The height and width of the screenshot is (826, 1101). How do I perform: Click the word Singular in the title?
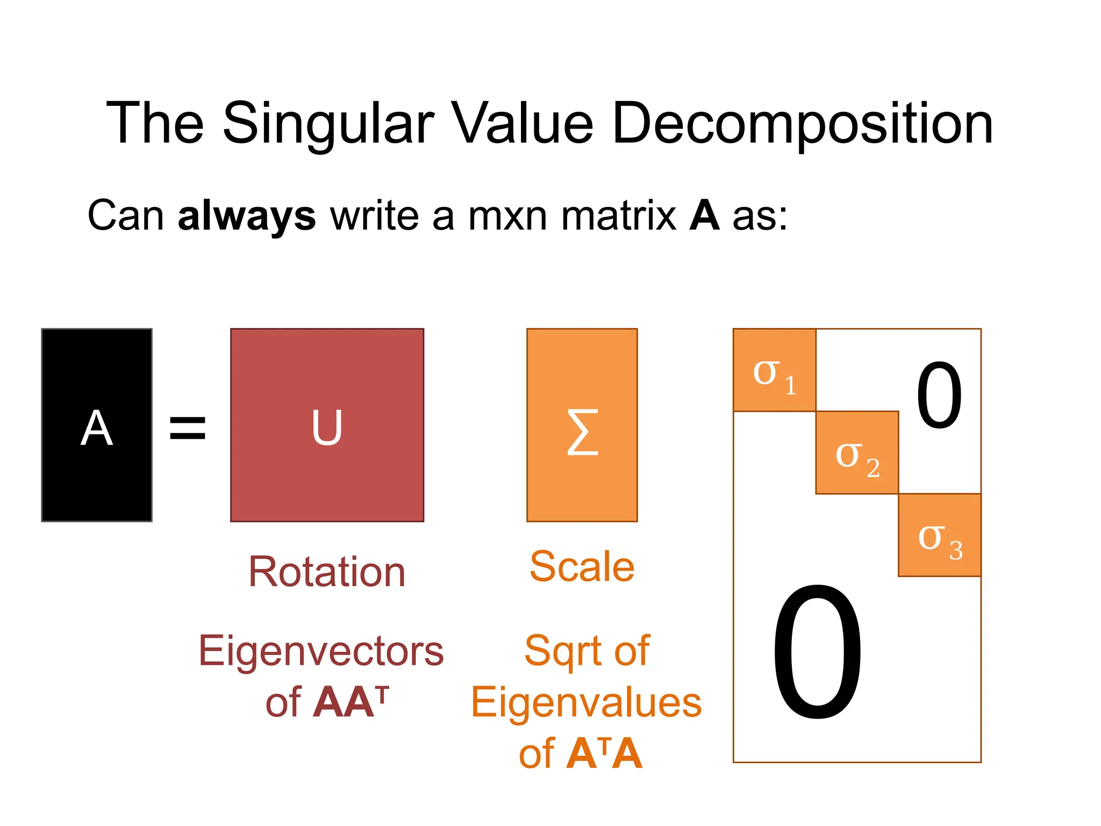coord(328,125)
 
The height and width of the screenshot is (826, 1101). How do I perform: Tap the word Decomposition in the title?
coord(802,125)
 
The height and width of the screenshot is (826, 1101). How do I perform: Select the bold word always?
coord(247,216)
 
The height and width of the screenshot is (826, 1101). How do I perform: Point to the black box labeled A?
coord(97,425)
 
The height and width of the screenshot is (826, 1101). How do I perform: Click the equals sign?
coord(188,428)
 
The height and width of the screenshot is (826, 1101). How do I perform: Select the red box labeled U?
coord(327,425)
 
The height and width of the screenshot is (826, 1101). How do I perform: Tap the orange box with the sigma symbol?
coord(582,425)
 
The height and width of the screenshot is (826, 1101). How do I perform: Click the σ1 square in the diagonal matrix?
coord(774,370)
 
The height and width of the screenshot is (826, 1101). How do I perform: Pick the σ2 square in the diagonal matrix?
coord(857,453)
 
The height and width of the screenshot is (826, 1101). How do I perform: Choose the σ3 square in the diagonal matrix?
coord(940,535)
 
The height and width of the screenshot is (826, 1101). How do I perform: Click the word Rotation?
coord(327,571)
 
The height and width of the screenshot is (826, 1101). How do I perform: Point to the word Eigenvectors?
coord(321,651)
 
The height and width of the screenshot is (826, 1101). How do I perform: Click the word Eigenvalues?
coord(586,702)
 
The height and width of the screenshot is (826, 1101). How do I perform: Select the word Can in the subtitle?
coord(126,216)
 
